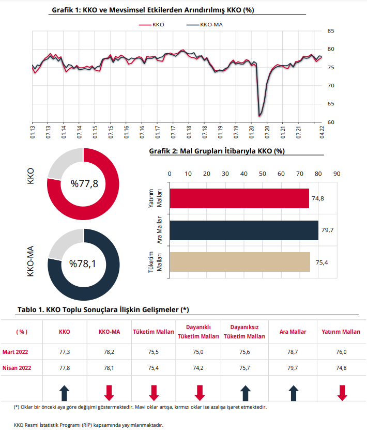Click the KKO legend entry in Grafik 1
tap(151, 25)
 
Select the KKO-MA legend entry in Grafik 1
tap(205, 25)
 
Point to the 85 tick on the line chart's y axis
tap(331, 31)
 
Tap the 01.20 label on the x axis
tap(252, 132)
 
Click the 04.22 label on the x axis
tap(322, 132)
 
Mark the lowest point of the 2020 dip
tap(259, 116)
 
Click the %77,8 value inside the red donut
tap(84, 183)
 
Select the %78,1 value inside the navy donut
tap(83, 263)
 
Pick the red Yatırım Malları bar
tap(239, 198)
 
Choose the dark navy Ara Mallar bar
tap(244, 230)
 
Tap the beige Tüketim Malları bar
tap(240, 262)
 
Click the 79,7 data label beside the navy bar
tap(327, 230)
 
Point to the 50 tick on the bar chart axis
tap(263, 174)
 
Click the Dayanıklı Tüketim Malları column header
tap(198, 332)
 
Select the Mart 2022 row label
tap(16, 352)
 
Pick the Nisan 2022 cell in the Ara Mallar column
tap(293, 368)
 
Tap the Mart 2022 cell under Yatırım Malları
tap(341, 352)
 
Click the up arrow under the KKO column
tap(65, 393)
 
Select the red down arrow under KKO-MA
tap(109, 393)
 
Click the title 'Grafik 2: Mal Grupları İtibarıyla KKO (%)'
tap(217, 151)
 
